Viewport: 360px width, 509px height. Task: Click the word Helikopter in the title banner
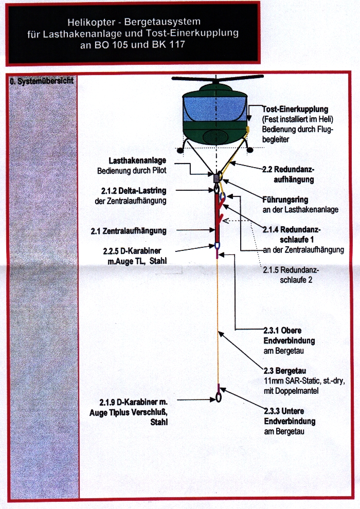[92, 23]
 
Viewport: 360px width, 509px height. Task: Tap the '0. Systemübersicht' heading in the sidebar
[42, 81]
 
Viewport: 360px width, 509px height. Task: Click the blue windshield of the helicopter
[214, 109]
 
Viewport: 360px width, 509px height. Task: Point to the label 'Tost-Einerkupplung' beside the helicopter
[295, 110]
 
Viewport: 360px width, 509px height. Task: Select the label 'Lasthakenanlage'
[137, 161]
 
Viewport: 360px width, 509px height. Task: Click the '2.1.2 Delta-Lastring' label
[134, 191]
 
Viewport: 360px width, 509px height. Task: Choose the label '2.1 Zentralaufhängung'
[129, 231]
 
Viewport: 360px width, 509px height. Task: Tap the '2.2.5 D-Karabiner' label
[132, 251]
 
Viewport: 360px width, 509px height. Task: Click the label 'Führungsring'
[285, 199]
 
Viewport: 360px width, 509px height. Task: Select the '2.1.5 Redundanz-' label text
[291, 270]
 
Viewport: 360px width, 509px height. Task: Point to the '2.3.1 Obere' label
[282, 331]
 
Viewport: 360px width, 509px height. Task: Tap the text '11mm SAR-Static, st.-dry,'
[304, 381]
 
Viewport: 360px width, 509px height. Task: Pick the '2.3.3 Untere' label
[284, 411]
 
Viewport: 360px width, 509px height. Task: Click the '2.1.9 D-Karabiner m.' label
[133, 403]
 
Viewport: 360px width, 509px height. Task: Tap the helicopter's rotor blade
[217, 78]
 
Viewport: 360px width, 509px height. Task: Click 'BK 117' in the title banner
[168, 44]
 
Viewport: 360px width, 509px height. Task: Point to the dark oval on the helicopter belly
[214, 137]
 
